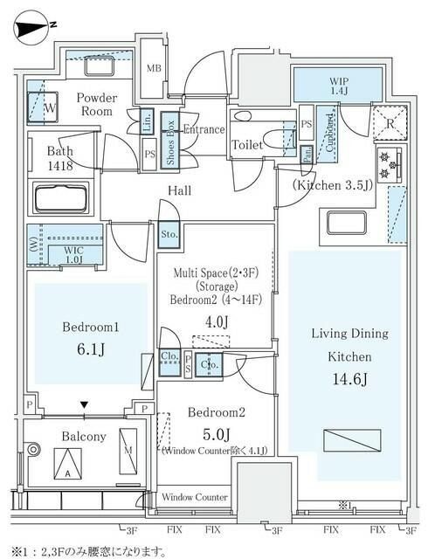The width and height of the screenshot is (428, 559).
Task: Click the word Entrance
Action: (203, 128)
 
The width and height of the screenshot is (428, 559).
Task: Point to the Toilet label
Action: (249, 146)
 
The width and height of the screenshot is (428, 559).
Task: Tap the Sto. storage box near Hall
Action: (169, 233)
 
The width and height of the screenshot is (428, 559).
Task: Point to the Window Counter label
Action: (194, 497)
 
